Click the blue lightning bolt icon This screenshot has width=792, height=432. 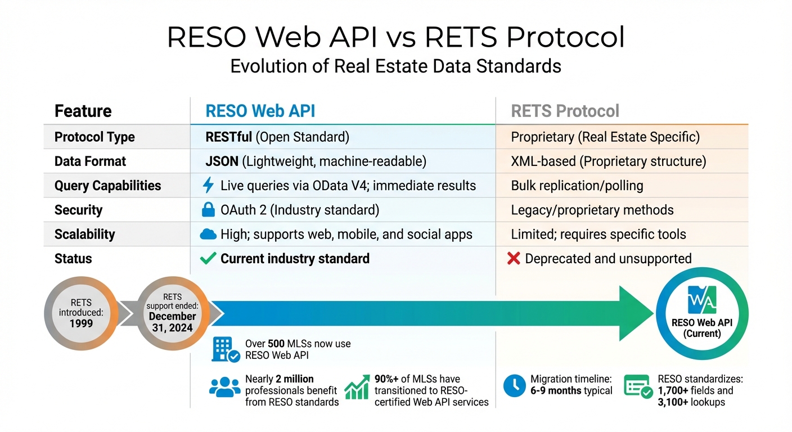(208, 186)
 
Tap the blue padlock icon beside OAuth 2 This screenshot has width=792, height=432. (208, 210)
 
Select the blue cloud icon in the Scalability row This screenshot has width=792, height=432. (208, 235)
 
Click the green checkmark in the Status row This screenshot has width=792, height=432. (208, 259)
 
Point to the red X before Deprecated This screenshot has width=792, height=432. (513, 259)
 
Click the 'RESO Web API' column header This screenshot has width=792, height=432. (260, 111)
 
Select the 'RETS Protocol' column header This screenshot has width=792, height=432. (565, 111)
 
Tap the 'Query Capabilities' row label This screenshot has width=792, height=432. (107, 186)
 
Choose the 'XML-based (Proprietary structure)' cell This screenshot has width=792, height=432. (608, 161)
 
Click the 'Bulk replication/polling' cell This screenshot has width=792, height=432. (577, 186)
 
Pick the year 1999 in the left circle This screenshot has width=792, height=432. (81, 324)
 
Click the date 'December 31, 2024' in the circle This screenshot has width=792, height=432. (172, 322)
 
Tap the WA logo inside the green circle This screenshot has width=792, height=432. (702, 299)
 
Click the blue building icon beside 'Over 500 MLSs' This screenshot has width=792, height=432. (226, 349)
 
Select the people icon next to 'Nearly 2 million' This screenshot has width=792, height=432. (224, 388)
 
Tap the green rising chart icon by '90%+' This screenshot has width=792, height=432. (357, 388)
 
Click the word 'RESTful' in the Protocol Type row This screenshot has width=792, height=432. (229, 137)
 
